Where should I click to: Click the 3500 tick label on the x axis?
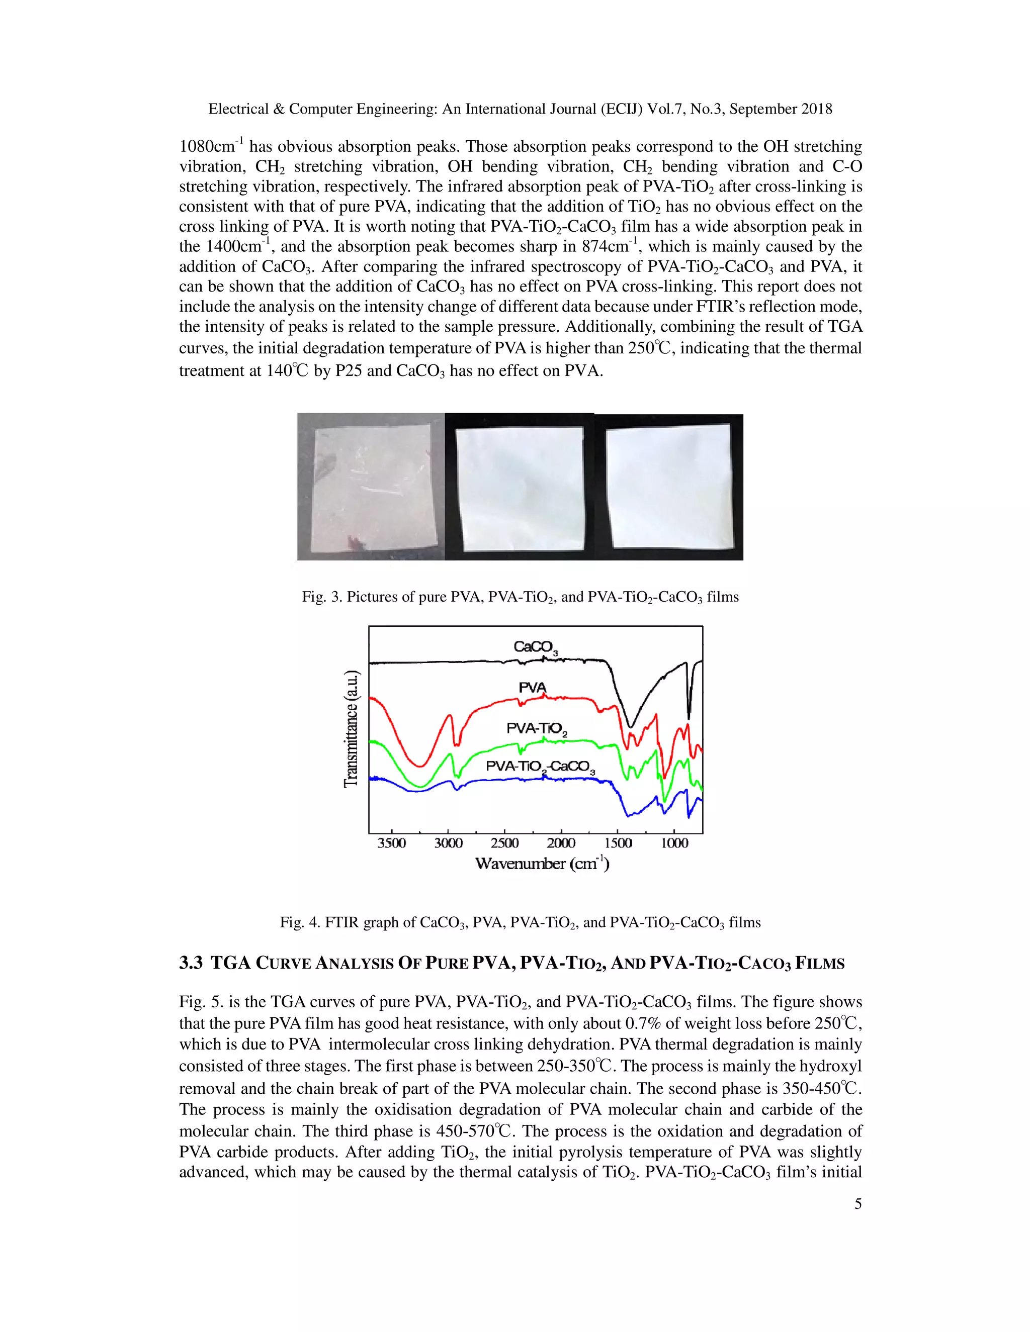coord(391,843)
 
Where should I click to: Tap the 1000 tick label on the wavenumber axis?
coord(674,843)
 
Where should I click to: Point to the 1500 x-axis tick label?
coord(618,843)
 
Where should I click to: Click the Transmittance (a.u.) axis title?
coord(351,729)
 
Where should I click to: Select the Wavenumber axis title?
coord(542,864)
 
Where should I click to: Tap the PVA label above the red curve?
coord(532,688)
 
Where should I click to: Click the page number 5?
coord(858,1203)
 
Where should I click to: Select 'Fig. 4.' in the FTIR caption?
coord(300,922)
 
